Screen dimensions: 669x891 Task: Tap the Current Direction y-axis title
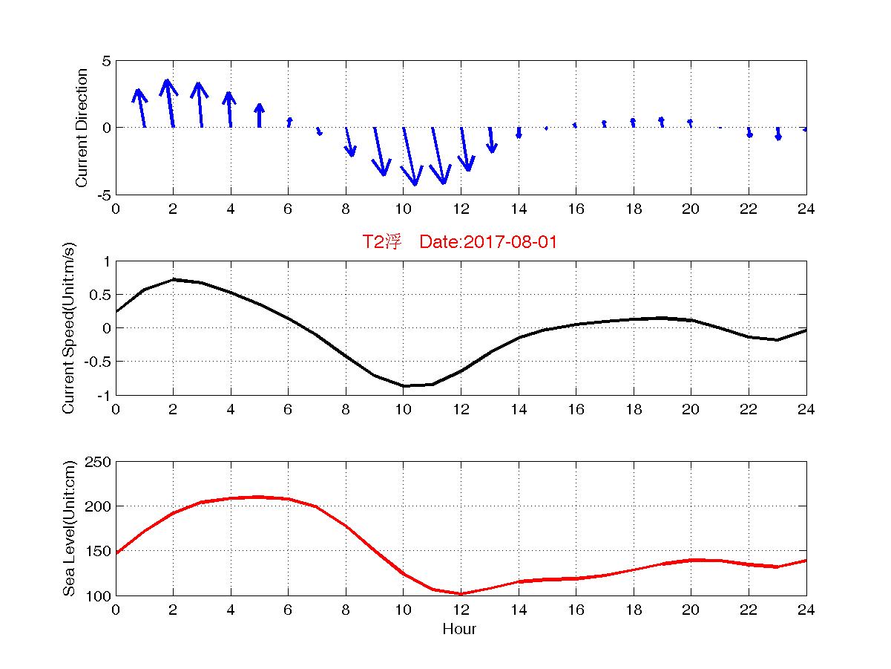click(82, 128)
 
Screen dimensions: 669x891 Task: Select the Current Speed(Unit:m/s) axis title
click(69, 328)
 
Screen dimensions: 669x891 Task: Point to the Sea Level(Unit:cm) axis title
click(69, 529)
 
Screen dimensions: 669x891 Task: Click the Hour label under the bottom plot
click(459, 630)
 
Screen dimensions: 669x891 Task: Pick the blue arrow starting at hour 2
click(170, 104)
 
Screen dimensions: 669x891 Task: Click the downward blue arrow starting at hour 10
click(409, 156)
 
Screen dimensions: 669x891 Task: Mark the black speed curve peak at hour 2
click(173, 279)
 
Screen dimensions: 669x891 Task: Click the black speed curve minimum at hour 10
click(404, 385)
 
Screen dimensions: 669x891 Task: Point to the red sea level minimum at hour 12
click(461, 593)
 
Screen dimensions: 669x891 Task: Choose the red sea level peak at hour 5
click(259, 497)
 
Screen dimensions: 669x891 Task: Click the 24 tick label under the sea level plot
click(806, 610)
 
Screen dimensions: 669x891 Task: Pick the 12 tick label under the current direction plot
click(461, 209)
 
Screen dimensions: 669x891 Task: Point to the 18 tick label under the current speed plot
click(634, 409)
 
